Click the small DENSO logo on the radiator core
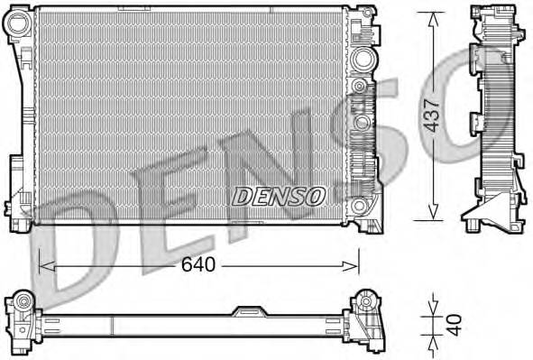(279, 195)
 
